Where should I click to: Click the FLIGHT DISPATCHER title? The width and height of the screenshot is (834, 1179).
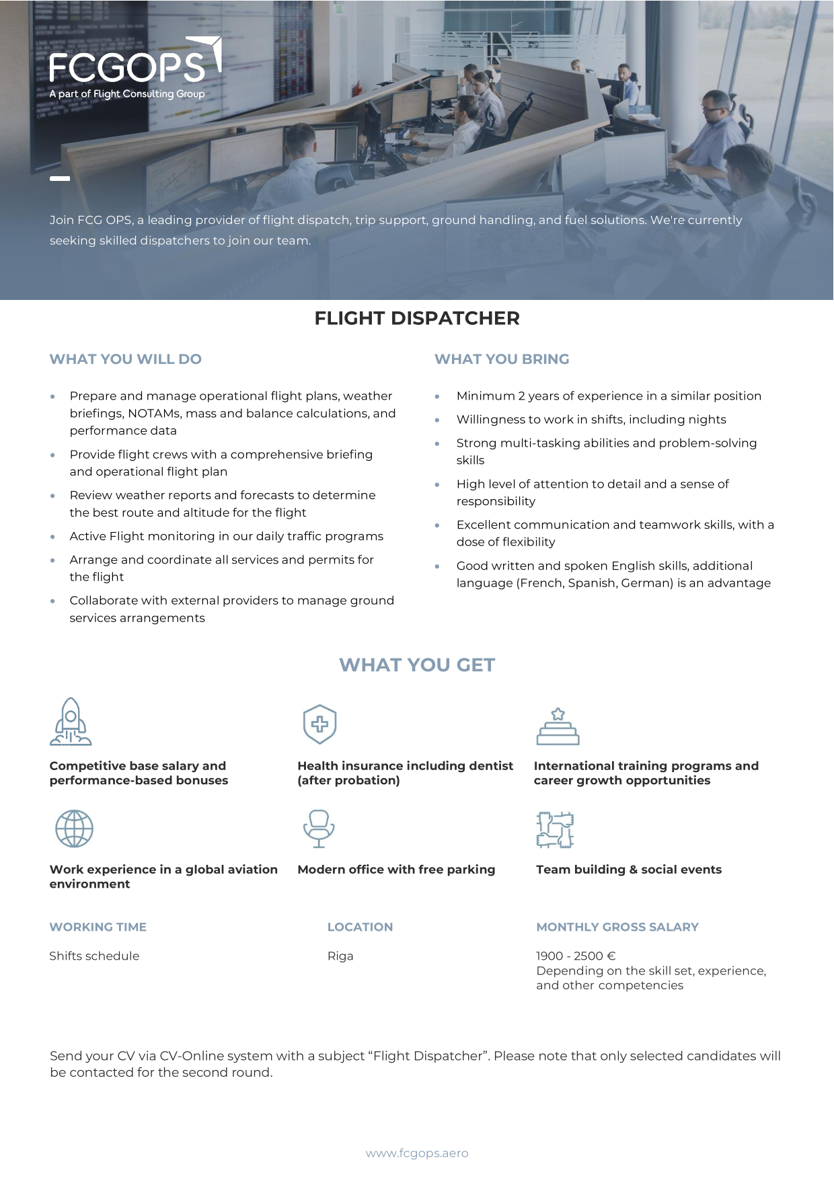pos(417,318)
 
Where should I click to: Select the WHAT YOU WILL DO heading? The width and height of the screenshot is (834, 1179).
pos(125,359)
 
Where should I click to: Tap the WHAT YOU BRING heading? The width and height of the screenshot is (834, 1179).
pos(502,359)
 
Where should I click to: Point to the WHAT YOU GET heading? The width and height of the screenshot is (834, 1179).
pos(417,665)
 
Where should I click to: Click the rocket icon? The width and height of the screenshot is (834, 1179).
pos(71,722)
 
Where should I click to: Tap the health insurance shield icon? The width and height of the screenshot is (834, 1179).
pos(319,724)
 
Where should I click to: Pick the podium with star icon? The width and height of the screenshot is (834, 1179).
pos(558,726)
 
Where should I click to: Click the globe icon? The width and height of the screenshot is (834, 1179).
pos(74,829)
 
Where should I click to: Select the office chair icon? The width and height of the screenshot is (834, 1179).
pos(319,829)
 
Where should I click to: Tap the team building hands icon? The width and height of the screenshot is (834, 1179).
pos(555,829)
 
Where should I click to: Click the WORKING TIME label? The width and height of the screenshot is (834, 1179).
pos(98,927)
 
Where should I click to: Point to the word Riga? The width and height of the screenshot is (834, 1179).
pos(340,956)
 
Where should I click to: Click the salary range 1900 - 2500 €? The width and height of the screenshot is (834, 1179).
pos(576,956)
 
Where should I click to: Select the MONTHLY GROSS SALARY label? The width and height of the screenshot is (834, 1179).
pos(617,927)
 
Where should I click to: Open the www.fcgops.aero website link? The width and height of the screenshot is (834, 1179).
pos(417,1153)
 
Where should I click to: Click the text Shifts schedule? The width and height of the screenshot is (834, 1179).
pos(94,956)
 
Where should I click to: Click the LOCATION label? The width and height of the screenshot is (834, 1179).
pos(360,927)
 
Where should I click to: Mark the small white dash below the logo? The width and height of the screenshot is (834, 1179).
pos(60,178)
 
